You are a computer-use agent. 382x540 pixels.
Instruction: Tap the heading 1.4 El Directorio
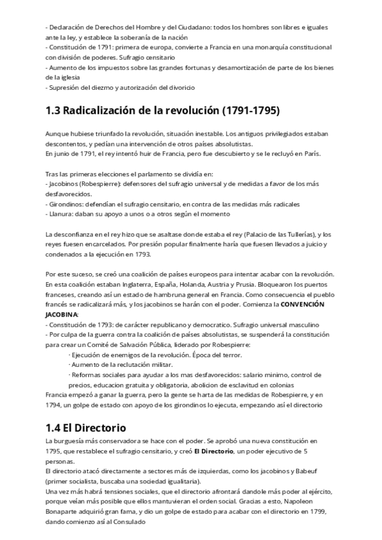86,427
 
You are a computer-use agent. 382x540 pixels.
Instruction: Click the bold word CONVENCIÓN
302,304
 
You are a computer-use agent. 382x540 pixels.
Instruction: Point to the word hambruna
165,295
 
